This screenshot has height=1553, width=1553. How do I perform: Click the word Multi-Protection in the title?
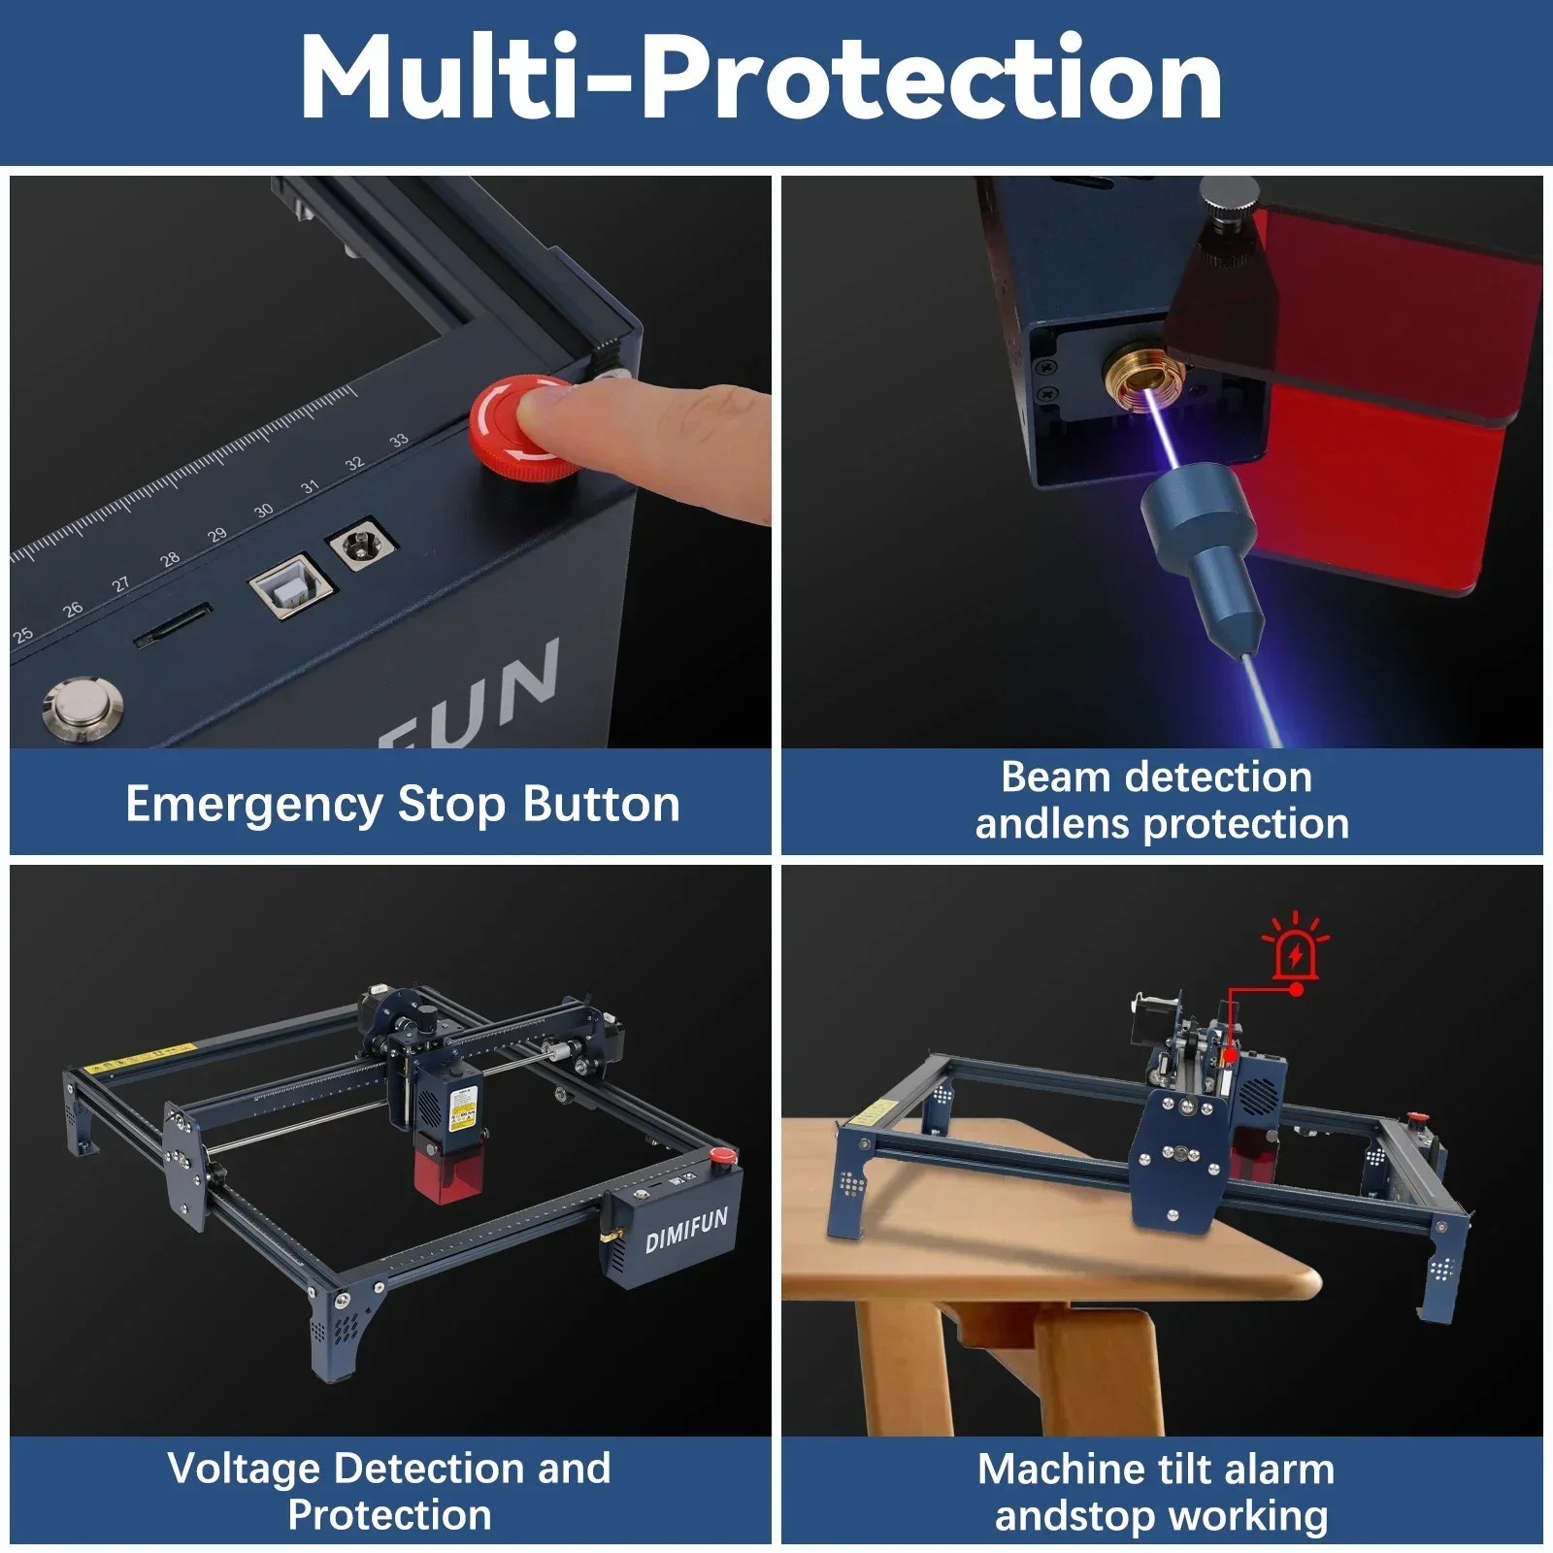761,78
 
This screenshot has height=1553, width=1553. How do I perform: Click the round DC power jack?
362,544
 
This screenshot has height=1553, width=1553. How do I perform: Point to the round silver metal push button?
83,708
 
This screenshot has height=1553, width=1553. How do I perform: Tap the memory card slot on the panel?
173,625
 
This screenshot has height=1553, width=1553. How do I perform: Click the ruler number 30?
263,511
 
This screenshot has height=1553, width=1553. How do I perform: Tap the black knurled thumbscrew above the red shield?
1227,223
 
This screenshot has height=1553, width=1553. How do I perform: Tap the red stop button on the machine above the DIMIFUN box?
721,1156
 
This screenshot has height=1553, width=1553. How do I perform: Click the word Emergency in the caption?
253,805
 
